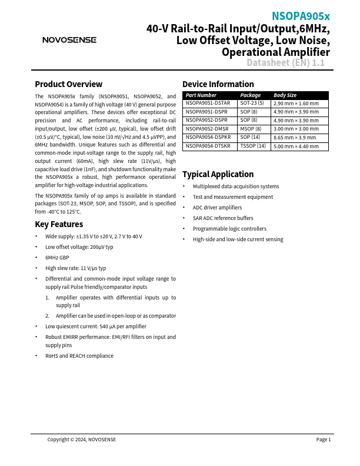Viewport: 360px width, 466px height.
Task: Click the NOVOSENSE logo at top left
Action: coord(69,40)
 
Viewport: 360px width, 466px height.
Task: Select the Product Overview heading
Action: coord(68,84)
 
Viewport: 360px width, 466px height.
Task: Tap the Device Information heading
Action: coord(218,84)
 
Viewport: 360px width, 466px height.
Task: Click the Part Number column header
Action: coord(201,95)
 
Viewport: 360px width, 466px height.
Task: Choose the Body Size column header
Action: coord(285,95)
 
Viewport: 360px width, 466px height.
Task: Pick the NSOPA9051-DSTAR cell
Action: coord(208,103)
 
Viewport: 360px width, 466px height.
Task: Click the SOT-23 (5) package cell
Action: coord(252,103)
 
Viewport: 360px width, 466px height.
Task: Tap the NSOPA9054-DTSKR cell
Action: coord(208,145)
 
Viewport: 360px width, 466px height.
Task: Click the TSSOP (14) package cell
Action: coord(253,145)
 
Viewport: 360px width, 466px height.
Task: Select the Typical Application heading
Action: coord(218,174)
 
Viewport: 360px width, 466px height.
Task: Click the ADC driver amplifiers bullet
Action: coord(217,208)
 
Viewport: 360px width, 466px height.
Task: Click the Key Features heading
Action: coord(59,224)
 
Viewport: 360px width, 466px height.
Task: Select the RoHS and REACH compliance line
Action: coord(79,356)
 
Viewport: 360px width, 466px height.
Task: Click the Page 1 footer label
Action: coord(324,440)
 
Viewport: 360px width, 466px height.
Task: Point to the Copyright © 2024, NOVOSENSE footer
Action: coord(82,440)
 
